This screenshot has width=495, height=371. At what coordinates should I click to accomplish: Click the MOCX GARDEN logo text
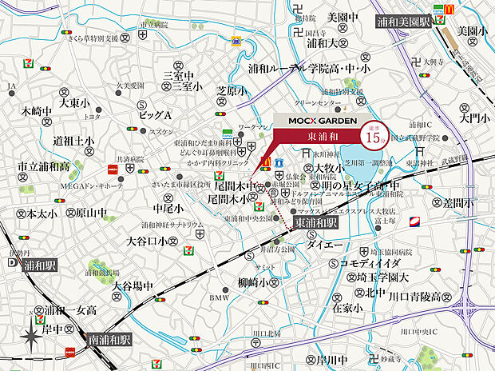(x=317, y=119)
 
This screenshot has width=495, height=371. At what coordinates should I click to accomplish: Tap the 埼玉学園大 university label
(x=382, y=278)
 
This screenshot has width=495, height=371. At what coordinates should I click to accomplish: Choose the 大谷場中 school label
(x=133, y=285)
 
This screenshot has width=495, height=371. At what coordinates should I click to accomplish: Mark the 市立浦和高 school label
(x=44, y=166)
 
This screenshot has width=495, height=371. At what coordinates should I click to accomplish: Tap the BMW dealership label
(x=218, y=298)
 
